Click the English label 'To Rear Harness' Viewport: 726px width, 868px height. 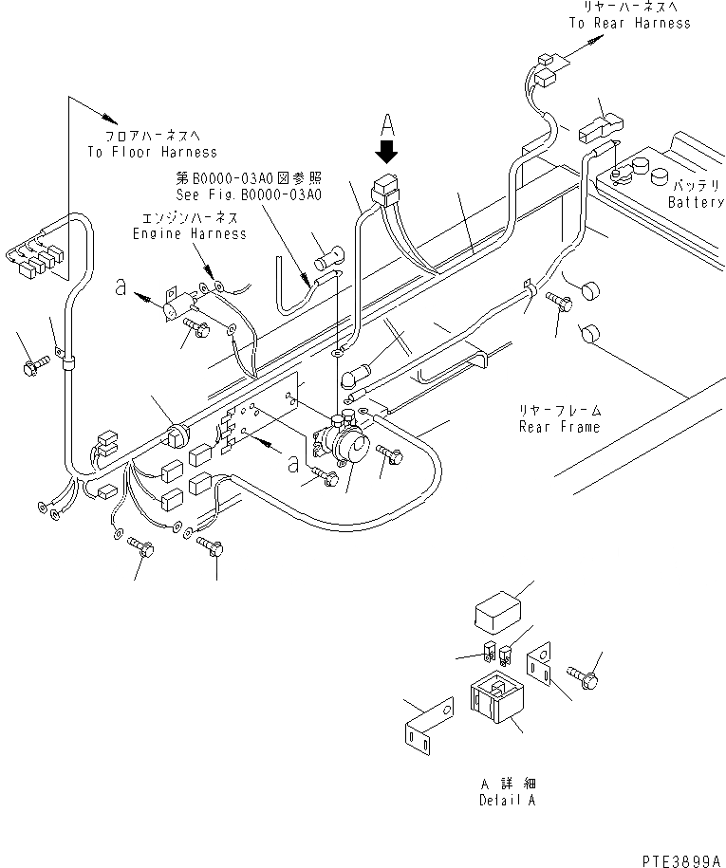[629, 23]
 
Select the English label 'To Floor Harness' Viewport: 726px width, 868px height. [152, 152]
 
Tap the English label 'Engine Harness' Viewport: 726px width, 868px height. [189, 233]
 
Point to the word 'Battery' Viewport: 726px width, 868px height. [696, 202]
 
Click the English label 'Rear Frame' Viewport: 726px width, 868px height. [560, 427]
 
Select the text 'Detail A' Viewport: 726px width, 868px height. [503, 802]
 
